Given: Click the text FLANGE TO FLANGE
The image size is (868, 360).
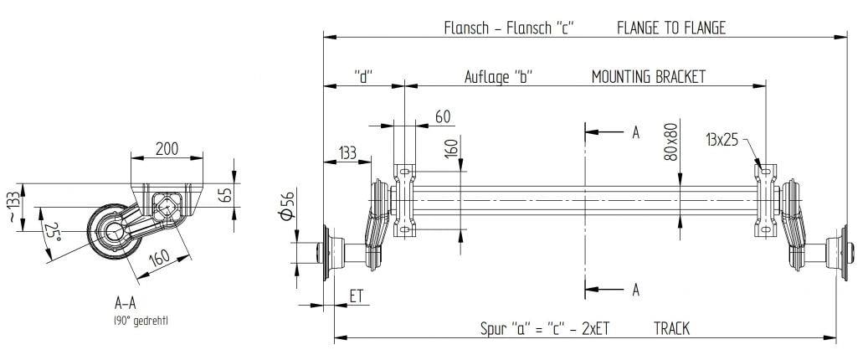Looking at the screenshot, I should [670, 28].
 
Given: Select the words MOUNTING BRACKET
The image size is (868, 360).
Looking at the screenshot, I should [648, 76].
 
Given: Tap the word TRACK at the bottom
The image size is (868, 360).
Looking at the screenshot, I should [671, 329].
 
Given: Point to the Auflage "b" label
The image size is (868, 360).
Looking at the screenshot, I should [499, 76].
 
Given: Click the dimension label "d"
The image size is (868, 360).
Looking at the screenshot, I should [363, 76].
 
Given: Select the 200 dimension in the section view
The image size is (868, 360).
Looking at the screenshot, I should [167, 148].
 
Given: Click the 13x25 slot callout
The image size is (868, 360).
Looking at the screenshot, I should [722, 140].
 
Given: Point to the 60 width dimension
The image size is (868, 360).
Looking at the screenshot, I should [443, 116].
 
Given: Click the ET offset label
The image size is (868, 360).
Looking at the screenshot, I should [357, 296].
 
